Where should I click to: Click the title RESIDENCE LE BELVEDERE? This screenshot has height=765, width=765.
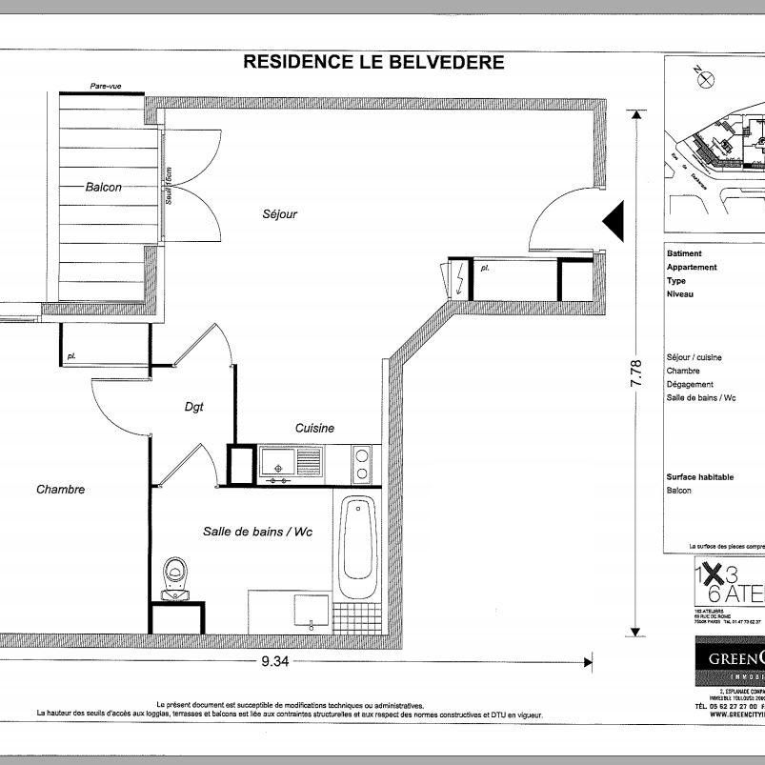[373, 63]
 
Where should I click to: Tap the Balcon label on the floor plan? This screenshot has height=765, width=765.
[103, 188]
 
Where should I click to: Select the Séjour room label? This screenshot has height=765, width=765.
[280, 214]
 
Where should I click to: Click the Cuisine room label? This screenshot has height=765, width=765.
[314, 429]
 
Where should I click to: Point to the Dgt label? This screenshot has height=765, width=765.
[195, 407]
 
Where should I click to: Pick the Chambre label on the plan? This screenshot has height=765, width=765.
[61, 490]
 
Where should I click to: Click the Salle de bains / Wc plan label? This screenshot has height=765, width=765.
[257, 532]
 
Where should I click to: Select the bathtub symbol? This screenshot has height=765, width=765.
[358, 544]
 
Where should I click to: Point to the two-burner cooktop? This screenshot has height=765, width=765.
[362, 464]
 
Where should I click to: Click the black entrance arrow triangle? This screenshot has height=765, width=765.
[613, 222]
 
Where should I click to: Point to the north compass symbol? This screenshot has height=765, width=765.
[704, 78]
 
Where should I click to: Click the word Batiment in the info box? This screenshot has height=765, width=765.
[685, 254]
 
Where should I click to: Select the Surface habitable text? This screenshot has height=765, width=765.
[700, 477]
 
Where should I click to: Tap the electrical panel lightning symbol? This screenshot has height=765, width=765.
[460, 279]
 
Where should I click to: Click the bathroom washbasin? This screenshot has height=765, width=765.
[311, 611]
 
